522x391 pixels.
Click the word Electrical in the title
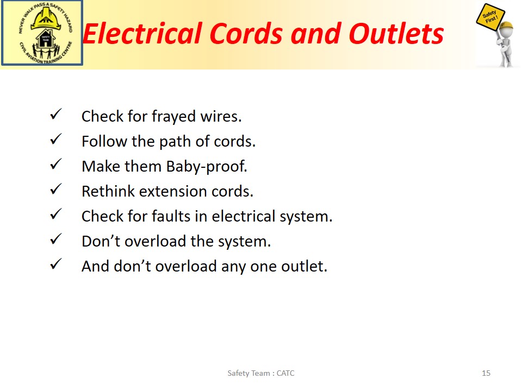142,34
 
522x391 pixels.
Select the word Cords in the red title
246,34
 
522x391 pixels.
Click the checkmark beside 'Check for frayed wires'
55,114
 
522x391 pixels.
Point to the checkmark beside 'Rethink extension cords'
55,189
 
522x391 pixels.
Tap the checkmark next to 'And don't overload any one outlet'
55,264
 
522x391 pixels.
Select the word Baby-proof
207,167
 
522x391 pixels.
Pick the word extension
173,192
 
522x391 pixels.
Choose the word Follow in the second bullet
104,142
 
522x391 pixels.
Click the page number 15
486,373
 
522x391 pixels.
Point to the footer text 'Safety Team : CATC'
261,373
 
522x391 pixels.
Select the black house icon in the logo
46,39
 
